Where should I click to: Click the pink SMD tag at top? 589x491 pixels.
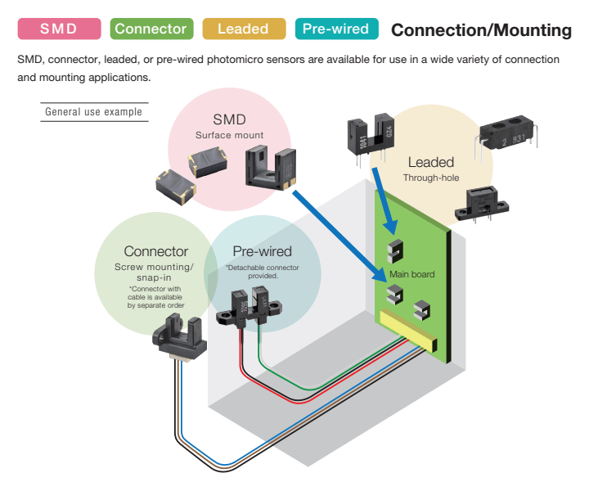coord(59,29)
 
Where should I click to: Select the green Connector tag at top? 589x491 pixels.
coord(151,29)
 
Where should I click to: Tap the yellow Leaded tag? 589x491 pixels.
coord(243,29)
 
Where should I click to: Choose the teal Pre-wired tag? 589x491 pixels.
coord(335,29)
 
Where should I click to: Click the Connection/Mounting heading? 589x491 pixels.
coord(481,30)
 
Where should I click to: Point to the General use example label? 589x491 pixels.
coord(93,112)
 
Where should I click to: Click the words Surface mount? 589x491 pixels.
coord(229,134)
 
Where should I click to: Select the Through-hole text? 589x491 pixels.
coord(431,178)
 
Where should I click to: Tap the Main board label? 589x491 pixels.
coord(412,274)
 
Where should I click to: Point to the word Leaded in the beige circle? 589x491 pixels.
coord(431,162)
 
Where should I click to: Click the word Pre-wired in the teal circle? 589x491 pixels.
coord(262,251)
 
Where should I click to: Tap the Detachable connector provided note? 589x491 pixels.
coord(263,272)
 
